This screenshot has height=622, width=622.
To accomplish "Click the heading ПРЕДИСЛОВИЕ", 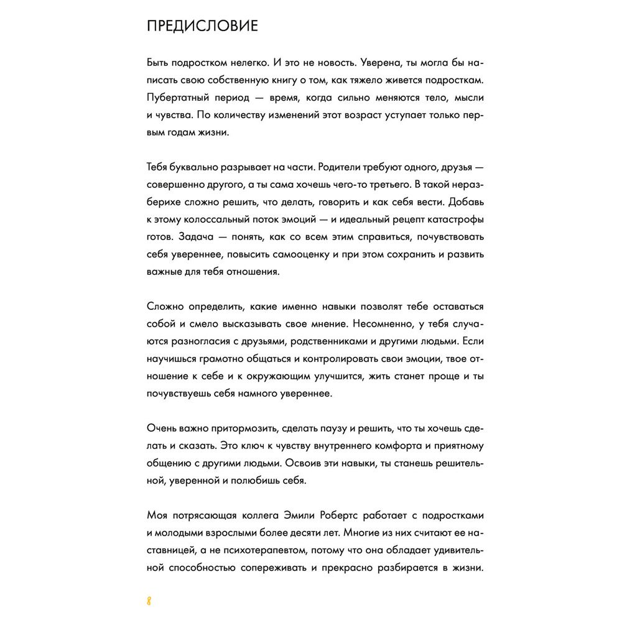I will pos(202,27).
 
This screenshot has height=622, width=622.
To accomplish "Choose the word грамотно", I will pos(230,359).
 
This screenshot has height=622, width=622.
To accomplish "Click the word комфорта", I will pos(360,446).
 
